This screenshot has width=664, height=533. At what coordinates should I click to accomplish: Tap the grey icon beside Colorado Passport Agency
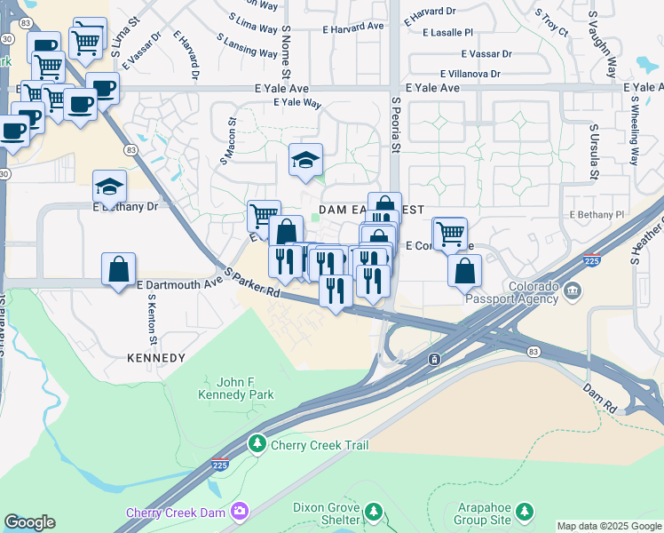(573, 290)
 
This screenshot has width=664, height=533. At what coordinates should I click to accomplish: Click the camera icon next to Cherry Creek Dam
(239, 511)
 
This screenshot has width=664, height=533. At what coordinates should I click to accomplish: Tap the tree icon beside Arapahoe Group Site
(526, 511)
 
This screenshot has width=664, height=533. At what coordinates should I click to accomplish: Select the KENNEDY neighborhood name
(156, 358)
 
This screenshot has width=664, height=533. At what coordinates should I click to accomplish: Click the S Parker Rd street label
(251, 282)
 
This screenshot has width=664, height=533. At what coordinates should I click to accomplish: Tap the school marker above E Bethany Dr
(110, 187)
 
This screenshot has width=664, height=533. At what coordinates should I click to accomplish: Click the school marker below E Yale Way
(305, 160)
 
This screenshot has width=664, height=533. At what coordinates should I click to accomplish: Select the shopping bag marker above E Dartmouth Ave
(118, 268)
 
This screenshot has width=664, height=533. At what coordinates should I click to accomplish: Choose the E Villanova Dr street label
(470, 75)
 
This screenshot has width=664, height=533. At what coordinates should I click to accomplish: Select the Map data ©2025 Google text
(609, 527)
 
